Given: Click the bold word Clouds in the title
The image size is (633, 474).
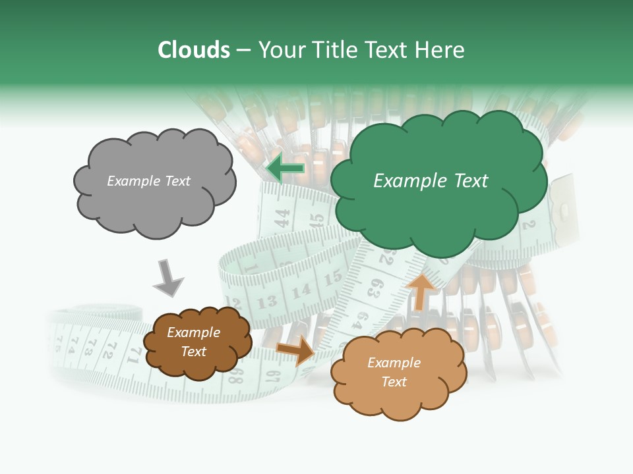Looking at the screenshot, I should click(x=195, y=50).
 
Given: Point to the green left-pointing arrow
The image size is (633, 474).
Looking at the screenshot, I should click(x=286, y=169).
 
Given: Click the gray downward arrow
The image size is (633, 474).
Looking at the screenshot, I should click(x=167, y=278).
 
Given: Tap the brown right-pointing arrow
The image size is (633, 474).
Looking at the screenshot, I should click(x=296, y=350).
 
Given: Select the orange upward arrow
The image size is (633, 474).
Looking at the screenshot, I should click(x=421, y=292).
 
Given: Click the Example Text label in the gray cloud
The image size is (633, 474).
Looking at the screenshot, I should click(x=149, y=181).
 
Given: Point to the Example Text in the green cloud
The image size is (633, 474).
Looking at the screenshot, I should click(x=431, y=181).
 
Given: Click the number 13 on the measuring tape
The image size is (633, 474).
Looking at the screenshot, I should click(x=267, y=302).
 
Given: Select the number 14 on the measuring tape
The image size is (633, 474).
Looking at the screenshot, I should click(x=301, y=290).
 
